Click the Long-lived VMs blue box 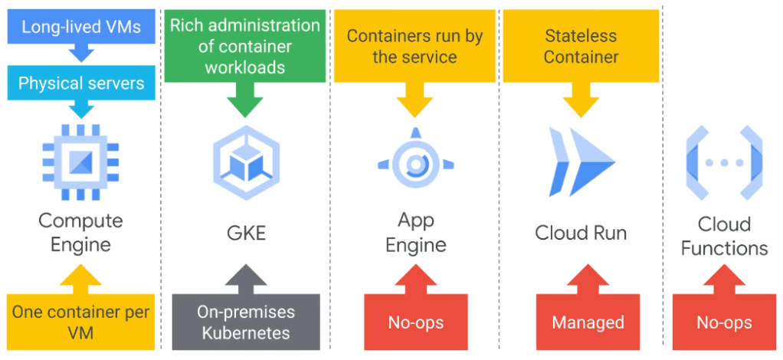tap(80, 28)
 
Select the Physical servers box tap(80, 83)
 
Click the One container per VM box tap(80, 322)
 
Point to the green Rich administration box tap(245, 46)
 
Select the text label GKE tap(246, 232)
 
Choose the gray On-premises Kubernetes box tap(245, 322)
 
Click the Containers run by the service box tap(412, 46)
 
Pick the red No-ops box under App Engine tap(412, 322)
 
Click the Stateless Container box tap(581, 46)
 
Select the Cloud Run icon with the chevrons tap(581, 161)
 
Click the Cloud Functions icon tap(724, 162)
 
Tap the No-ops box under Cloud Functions tap(724, 322)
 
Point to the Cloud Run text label tap(581, 232)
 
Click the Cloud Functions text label tap(724, 236)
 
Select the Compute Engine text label tap(80, 233)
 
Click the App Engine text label tap(411, 233)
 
